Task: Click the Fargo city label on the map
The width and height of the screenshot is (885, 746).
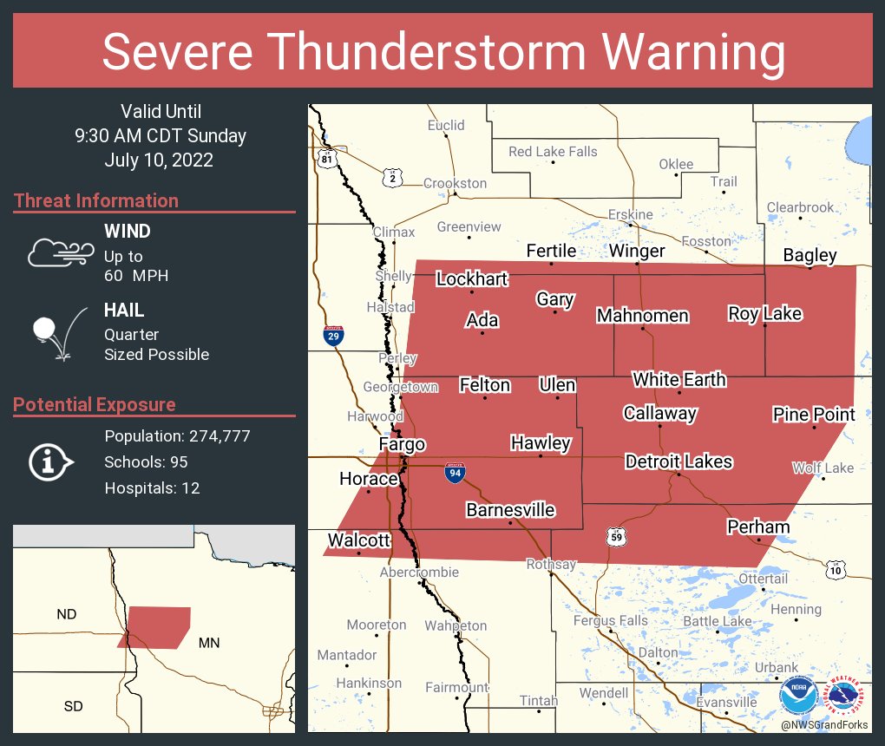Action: click(x=403, y=445)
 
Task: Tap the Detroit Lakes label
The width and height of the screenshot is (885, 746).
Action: click(x=678, y=461)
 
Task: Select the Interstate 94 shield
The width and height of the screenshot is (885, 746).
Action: click(x=454, y=473)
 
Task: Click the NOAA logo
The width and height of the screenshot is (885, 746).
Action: click(x=797, y=696)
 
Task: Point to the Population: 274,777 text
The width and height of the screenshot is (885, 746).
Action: click(x=177, y=435)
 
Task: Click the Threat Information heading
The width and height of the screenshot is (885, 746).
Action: click(x=96, y=200)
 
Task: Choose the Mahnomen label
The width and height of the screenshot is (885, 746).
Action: click(x=642, y=316)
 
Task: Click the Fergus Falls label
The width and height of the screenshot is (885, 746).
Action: click(x=610, y=620)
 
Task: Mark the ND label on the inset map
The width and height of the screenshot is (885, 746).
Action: click(x=67, y=614)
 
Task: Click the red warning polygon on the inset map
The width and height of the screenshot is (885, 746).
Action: click(x=159, y=625)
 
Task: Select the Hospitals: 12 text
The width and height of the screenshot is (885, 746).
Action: click(x=152, y=488)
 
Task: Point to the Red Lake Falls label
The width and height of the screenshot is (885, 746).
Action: click(x=553, y=152)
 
